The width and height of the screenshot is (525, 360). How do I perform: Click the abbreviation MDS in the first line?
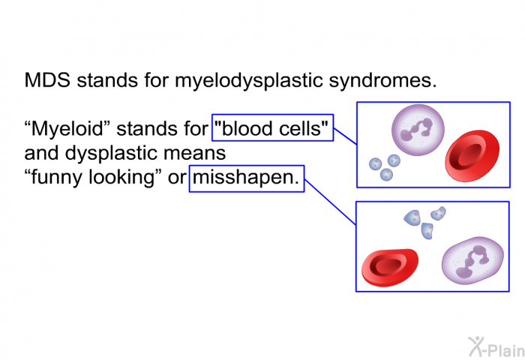(47, 80)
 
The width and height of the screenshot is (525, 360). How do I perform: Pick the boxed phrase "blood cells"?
(272, 128)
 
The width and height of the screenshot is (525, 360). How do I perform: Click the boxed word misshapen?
(246, 178)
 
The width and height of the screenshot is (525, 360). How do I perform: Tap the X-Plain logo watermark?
(496, 347)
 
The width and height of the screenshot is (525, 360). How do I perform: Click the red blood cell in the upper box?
(472, 156)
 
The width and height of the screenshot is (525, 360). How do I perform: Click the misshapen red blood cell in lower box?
(390, 268)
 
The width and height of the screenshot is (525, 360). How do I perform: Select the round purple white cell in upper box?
(418, 130)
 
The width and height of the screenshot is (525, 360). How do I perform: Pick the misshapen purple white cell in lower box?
(472, 260)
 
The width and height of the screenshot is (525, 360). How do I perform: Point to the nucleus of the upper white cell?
(417, 129)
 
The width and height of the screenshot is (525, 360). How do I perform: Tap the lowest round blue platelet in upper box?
(386, 175)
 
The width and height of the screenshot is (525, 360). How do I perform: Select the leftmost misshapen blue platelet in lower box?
(412, 217)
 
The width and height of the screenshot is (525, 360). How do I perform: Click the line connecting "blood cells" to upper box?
(345, 136)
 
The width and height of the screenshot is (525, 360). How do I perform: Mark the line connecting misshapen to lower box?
(330, 202)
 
